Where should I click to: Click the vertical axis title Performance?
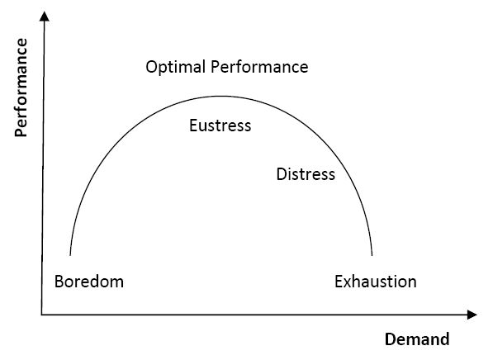[x=21, y=88]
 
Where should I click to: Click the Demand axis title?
[x=417, y=339]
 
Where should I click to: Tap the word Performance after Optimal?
[x=259, y=67]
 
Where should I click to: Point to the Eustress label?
[x=220, y=126]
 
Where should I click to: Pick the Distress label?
[x=306, y=174]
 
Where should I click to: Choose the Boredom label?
[x=89, y=282]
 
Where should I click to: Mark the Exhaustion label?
[x=376, y=282]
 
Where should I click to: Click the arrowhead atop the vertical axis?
[x=45, y=16]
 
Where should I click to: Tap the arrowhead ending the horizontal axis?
[x=472, y=315]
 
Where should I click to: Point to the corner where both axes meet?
[x=42, y=315]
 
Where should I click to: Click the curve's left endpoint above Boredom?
[x=70, y=255]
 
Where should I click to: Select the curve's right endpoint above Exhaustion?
[x=372, y=255]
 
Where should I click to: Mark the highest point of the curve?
[x=221, y=97]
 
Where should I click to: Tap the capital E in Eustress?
[x=193, y=126]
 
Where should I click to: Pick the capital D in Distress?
[x=282, y=174]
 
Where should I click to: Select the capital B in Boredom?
[x=59, y=282]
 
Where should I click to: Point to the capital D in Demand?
[x=391, y=339]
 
